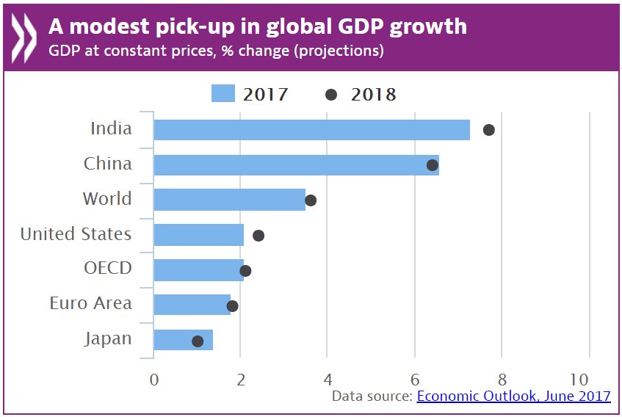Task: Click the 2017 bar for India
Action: (311, 130)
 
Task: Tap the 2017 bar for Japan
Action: (183, 341)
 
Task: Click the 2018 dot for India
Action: (488, 130)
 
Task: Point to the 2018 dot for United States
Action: (258, 236)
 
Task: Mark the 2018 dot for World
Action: (311, 200)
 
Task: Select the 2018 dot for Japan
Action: (198, 341)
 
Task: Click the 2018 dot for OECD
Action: (245, 271)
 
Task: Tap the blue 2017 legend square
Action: (223, 94)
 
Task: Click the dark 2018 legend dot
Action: (331, 95)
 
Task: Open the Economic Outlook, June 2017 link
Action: (513, 396)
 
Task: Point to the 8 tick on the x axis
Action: (502, 380)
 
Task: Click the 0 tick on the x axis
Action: (154, 380)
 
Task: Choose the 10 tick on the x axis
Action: (579, 380)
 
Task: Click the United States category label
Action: (76, 235)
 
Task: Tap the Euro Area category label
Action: (90, 303)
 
